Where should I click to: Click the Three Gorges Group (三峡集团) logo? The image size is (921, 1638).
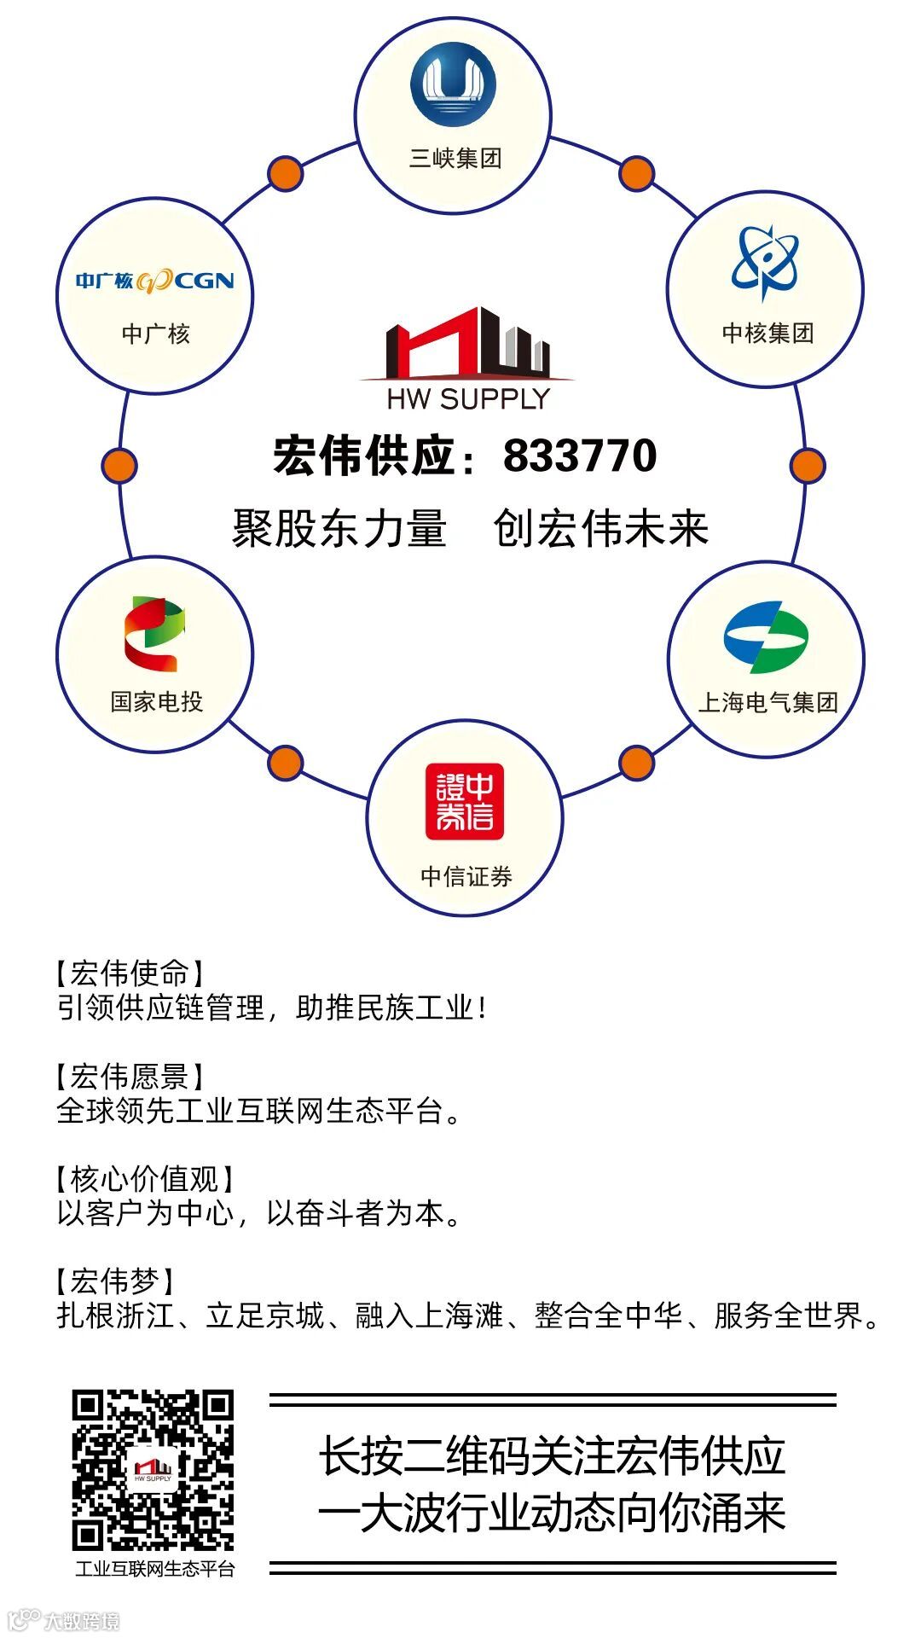coord(453,85)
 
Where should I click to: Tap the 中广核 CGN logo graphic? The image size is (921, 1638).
coord(154,280)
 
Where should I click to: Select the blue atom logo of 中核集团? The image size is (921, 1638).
coord(765,262)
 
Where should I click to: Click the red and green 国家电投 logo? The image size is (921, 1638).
coord(154,634)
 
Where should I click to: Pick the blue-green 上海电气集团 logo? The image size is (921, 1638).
coord(766,637)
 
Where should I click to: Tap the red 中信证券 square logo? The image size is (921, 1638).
coord(465,801)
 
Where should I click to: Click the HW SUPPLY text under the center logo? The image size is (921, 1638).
coord(468,398)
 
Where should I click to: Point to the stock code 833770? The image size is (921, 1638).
coord(580,456)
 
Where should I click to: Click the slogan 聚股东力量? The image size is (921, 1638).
coord(339,528)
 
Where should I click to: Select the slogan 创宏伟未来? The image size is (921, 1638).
coord(601,528)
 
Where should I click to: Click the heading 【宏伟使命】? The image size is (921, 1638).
coord(130,973)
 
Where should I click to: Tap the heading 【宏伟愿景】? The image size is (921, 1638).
coord(130,1077)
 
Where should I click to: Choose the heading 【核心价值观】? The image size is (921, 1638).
coord(144,1179)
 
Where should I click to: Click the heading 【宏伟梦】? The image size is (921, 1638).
coord(115,1281)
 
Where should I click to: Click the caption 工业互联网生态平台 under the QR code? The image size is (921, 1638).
coord(154,1569)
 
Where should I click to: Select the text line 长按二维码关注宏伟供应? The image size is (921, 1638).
coord(552,1457)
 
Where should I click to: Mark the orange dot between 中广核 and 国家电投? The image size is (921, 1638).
coord(119,466)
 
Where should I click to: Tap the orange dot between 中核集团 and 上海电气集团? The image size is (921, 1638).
coord(807,466)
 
